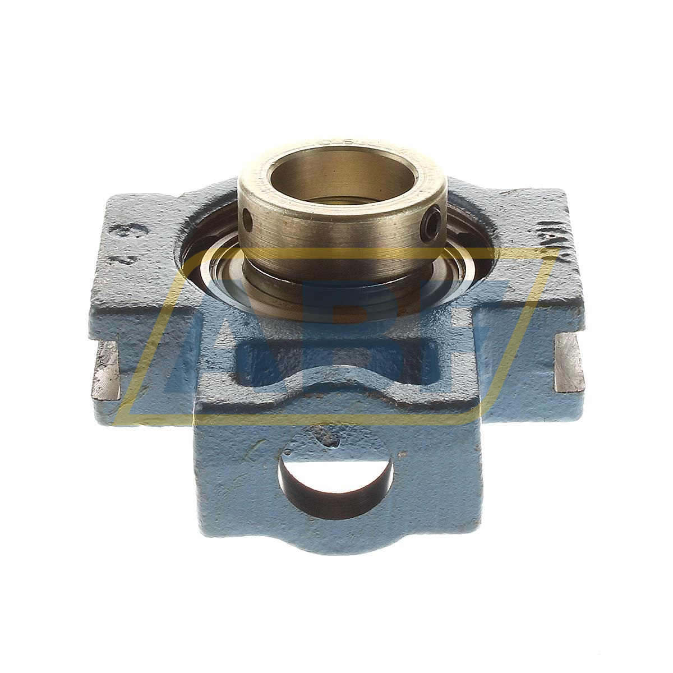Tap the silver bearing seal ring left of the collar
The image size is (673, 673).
click(216, 275)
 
